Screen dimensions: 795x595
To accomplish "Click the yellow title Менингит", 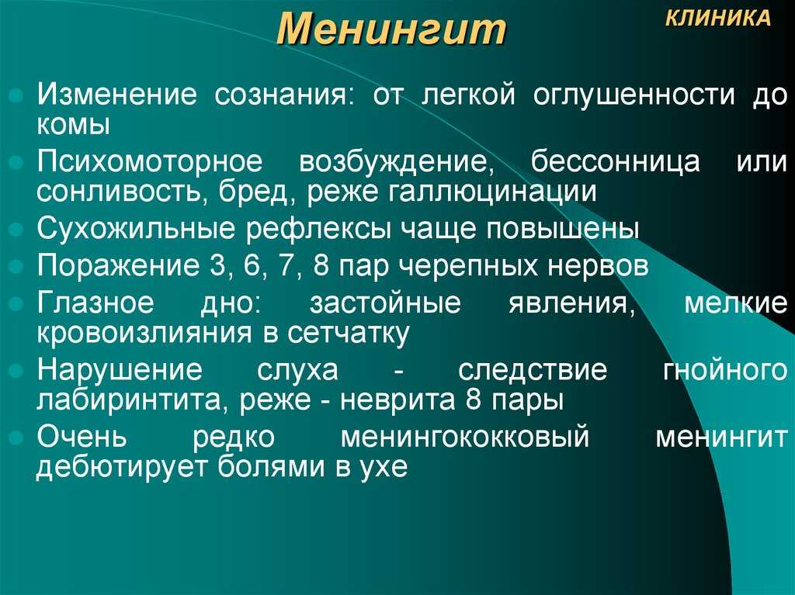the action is tap(391, 29).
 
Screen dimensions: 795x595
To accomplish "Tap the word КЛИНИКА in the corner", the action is tap(718, 19).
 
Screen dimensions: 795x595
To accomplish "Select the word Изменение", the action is tap(116, 95).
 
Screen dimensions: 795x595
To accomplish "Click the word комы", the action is tap(73, 125).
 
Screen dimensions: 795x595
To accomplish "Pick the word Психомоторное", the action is tap(150, 162).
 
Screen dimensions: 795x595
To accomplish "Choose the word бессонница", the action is tap(615, 162).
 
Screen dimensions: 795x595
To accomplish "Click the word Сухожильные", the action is tap(136, 229).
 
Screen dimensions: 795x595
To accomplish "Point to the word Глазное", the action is tap(95, 302).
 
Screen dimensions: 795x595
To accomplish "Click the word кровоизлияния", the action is tap(144, 334).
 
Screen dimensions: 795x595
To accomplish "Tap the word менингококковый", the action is tap(465, 437).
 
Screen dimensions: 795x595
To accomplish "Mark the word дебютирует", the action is tap(122, 467).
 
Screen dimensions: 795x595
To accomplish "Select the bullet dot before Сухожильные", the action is tap(17, 230).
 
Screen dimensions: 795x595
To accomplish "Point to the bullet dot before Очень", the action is tap(17, 438).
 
